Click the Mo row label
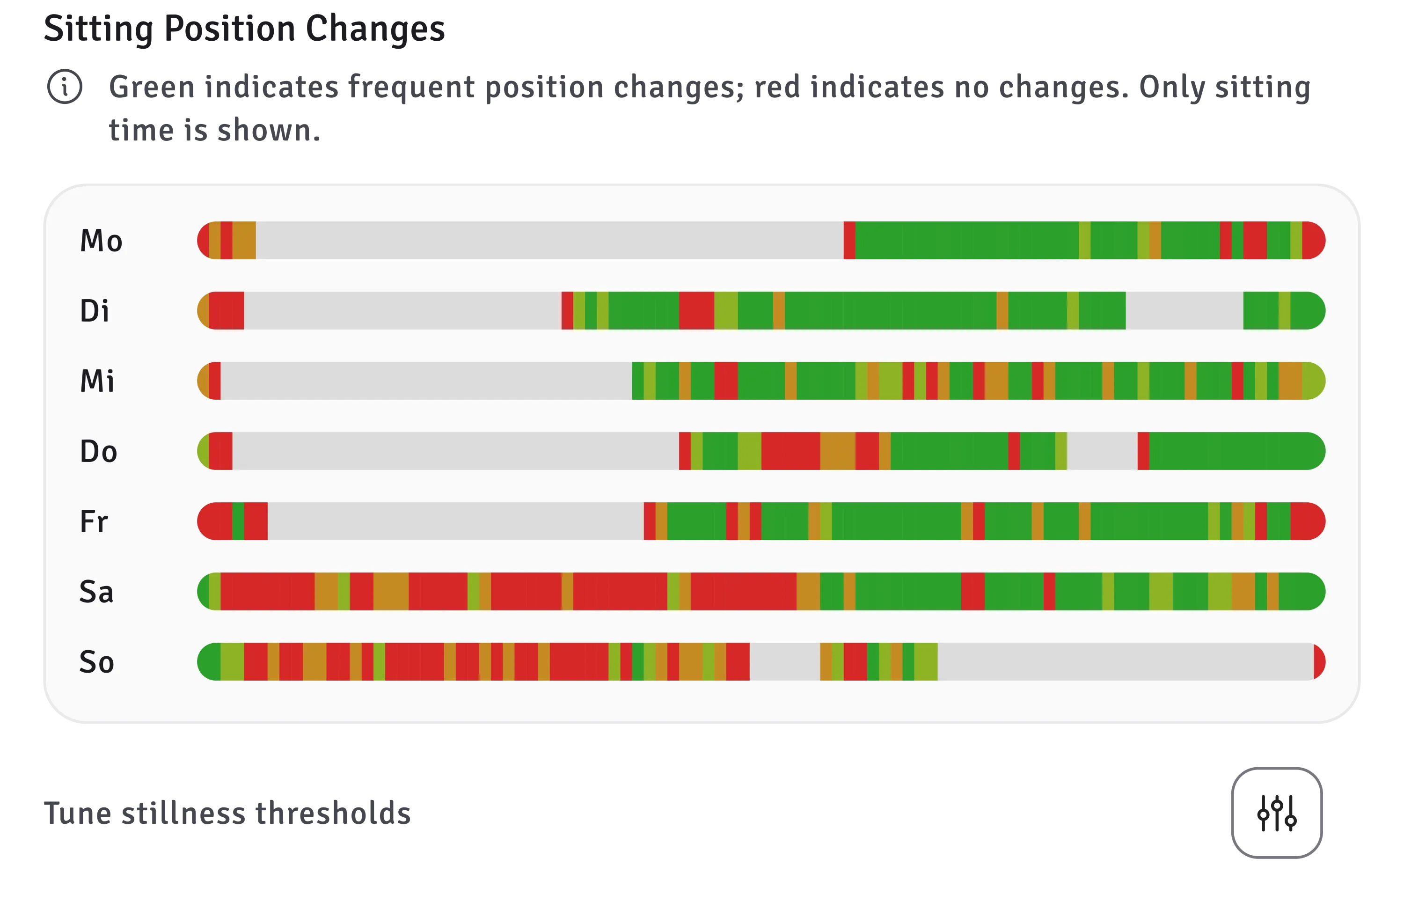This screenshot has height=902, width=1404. pos(101,240)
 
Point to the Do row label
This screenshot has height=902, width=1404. pos(98,451)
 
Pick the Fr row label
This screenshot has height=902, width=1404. pos(94,521)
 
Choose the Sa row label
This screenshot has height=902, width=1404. pos(96,592)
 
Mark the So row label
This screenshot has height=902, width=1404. pos(96,662)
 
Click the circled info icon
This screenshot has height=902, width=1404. pos(65,87)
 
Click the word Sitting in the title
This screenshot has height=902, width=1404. pos(99,29)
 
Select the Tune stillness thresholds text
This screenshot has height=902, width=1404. pos(227,813)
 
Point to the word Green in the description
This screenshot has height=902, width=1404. pos(152,87)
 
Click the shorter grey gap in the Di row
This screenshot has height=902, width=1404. pos(1185,310)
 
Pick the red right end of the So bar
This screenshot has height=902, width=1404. pos(1319,662)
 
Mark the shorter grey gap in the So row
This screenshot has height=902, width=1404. pos(784,662)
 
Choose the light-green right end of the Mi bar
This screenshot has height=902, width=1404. pos(1314,381)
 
